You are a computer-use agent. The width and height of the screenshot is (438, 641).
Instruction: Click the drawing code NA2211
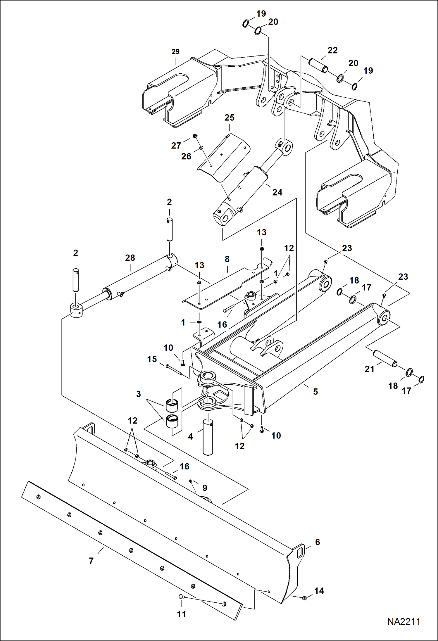pyautogui.click(x=403, y=622)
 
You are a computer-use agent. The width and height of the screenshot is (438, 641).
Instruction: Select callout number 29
pyautogui.click(x=175, y=52)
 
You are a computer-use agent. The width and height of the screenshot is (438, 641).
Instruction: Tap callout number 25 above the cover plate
pyautogui.click(x=229, y=118)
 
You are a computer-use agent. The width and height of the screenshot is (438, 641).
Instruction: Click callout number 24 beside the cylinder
pyautogui.click(x=277, y=192)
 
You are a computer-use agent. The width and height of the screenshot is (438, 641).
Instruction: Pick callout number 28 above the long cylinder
pyautogui.click(x=130, y=258)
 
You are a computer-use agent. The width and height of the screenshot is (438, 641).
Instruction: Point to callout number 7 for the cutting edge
pyautogui.click(x=91, y=561)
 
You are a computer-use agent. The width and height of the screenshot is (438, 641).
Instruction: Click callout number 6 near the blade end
pyautogui.click(x=318, y=542)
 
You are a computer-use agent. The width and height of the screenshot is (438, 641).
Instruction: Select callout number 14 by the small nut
pyautogui.click(x=319, y=591)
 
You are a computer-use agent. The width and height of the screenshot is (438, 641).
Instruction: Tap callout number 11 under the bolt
pyautogui.click(x=182, y=614)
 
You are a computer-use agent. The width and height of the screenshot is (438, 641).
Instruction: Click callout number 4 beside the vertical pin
pyautogui.click(x=190, y=437)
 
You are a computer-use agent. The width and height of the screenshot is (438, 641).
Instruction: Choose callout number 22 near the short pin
pyautogui.click(x=332, y=50)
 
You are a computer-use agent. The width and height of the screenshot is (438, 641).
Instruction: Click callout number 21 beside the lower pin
pyautogui.click(x=370, y=369)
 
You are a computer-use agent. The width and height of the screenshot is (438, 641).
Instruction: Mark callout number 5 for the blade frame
pyautogui.click(x=315, y=392)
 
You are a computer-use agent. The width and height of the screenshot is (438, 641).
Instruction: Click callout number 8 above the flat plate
pyautogui.click(x=227, y=259)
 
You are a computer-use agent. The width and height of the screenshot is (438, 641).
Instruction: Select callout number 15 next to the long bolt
pyautogui.click(x=152, y=359)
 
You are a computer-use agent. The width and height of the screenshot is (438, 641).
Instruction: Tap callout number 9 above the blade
pyautogui.click(x=205, y=488)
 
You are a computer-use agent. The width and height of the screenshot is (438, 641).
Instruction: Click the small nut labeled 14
pyautogui.click(x=304, y=598)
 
